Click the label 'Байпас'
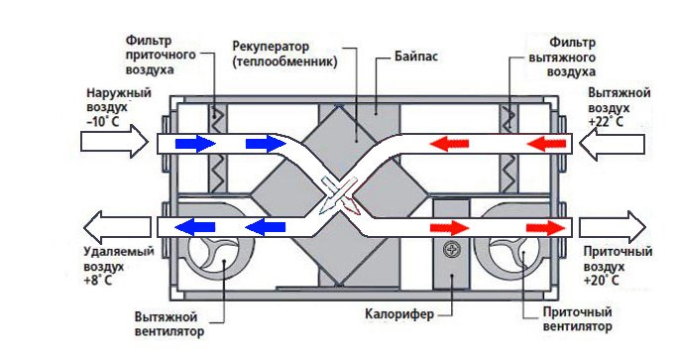(415, 57)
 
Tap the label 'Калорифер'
(398, 313)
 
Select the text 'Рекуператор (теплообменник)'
(284, 54)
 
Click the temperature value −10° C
(103, 121)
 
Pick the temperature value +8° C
(97, 280)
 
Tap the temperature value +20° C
(602, 280)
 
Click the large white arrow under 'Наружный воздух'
(115, 141)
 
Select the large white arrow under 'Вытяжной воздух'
(612, 142)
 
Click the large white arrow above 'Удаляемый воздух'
(117, 227)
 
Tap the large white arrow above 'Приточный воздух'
(613, 227)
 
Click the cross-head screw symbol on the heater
(452, 249)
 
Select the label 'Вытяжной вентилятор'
(169, 324)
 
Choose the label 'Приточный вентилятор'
(577, 319)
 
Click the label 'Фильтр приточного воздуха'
(161, 55)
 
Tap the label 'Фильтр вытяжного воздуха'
(562, 58)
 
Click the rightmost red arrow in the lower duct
(545, 228)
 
